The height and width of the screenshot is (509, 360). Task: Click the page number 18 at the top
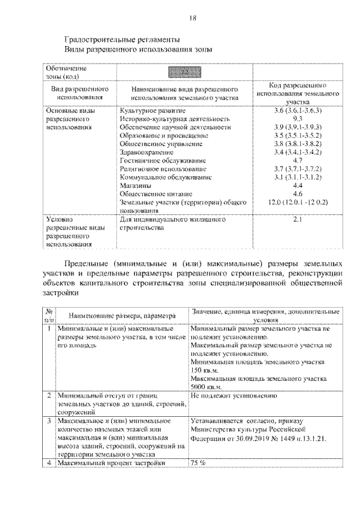click(x=193, y=18)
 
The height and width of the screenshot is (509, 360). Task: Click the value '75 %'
click(x=199, y=463)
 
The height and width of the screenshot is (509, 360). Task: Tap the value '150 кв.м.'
click(x=205, y=371)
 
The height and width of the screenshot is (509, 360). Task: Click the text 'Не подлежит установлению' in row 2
click(x=233, y=396)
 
